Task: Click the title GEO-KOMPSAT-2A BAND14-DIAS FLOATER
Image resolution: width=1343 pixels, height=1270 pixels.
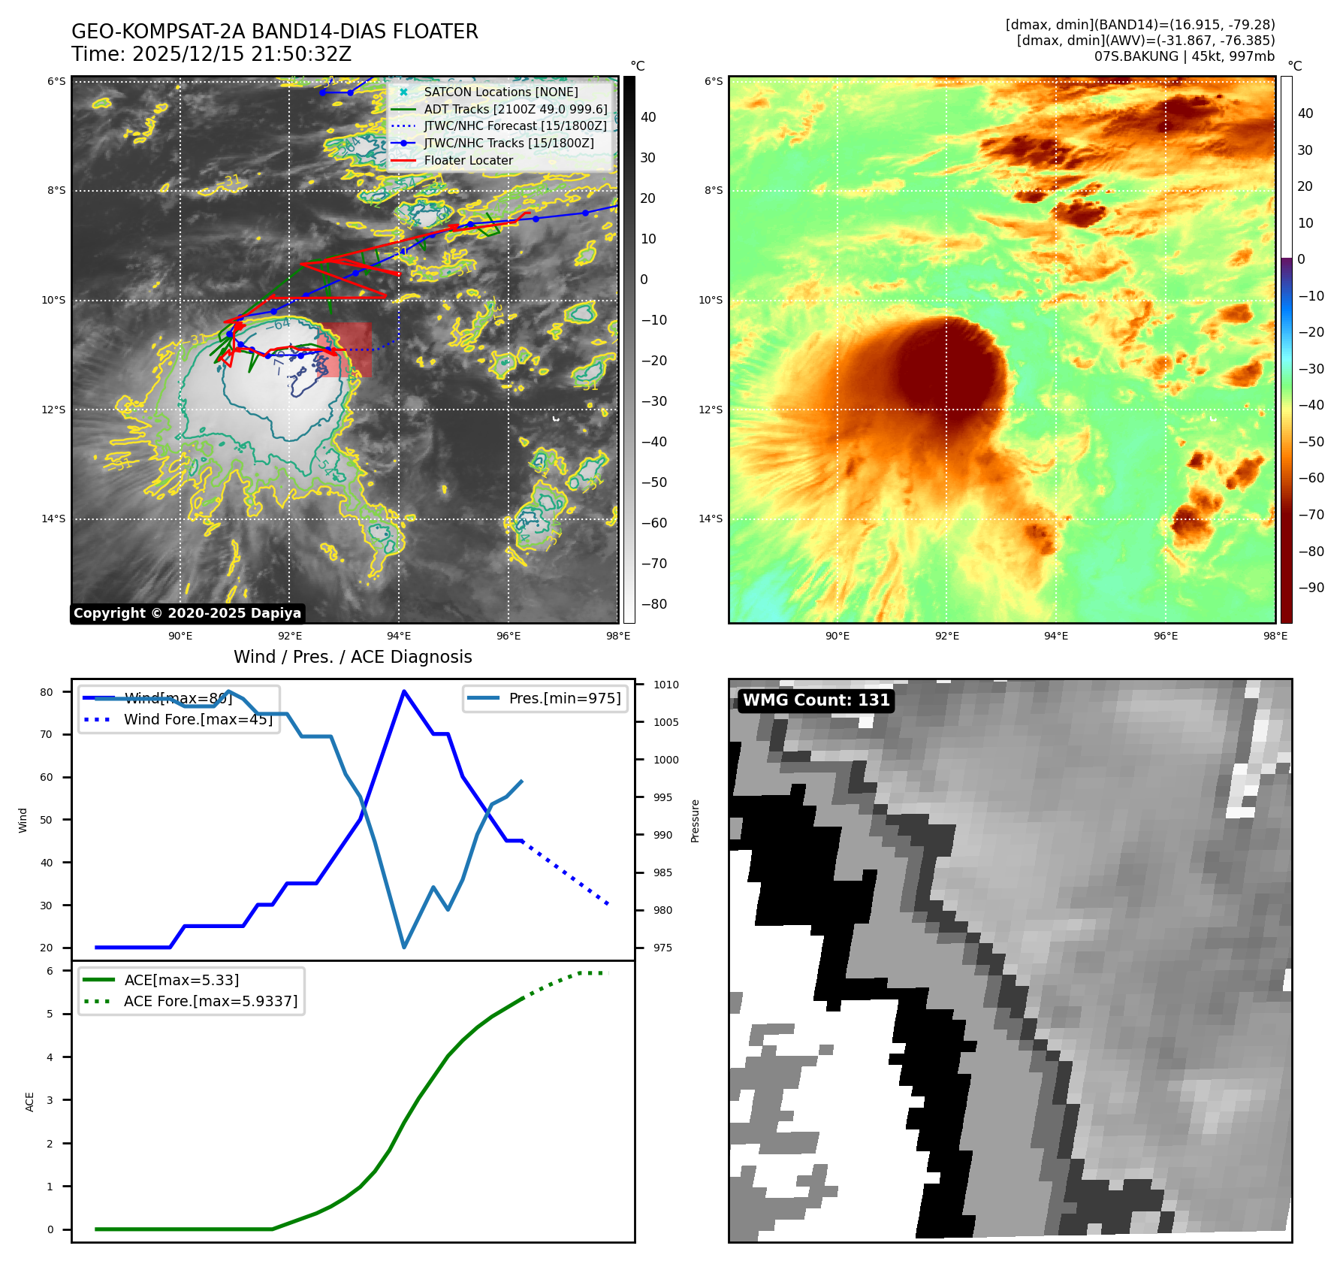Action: tap(274, 32)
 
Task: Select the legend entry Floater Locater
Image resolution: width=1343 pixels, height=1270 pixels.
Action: tap(468, 160)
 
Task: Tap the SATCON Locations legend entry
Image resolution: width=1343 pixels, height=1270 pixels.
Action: tap(500, 92)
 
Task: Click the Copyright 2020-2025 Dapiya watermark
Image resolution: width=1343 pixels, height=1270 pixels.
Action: tap(187, 613)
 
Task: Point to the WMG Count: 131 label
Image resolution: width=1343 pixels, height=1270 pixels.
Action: tap(816, 700)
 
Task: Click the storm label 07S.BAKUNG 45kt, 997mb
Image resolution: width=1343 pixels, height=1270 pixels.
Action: tap(1184, 56)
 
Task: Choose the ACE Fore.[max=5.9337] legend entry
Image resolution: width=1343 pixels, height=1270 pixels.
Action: tap(210, 1001)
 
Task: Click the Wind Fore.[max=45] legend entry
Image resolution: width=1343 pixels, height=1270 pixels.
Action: tap(198, 719)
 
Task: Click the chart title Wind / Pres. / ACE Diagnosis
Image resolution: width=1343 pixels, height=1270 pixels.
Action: tap(352, 657)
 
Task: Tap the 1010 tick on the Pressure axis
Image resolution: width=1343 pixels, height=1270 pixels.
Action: tap(665, 685)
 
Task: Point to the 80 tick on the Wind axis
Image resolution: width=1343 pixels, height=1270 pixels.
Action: tap(47, 692)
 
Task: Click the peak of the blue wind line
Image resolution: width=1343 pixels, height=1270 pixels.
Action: tap(404, 691)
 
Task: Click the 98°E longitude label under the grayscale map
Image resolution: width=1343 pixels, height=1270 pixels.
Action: tap(618, 636)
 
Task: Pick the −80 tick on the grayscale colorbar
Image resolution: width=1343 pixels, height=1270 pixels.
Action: tap(653, 604)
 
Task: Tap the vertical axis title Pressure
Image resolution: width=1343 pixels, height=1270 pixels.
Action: tap(695, 821)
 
